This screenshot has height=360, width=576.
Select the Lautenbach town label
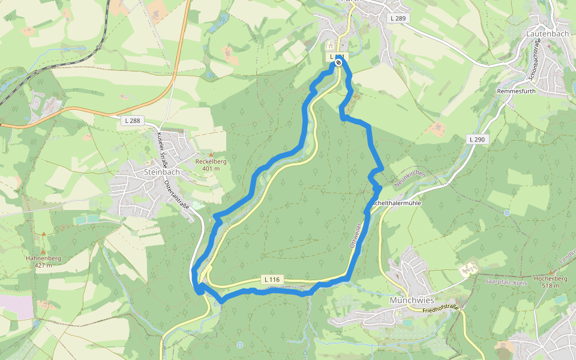(547, 34)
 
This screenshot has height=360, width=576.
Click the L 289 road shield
(397, 19)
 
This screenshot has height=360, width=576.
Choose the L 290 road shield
(476, 139)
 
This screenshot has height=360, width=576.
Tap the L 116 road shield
(271, 280)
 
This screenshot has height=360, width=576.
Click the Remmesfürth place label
(516, 91)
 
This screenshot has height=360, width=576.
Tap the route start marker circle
(339, 62)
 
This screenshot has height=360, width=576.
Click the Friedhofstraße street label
(440, 309)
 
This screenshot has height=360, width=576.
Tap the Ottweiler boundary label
(354, 236)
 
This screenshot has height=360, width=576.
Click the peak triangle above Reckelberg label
(211, 155)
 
